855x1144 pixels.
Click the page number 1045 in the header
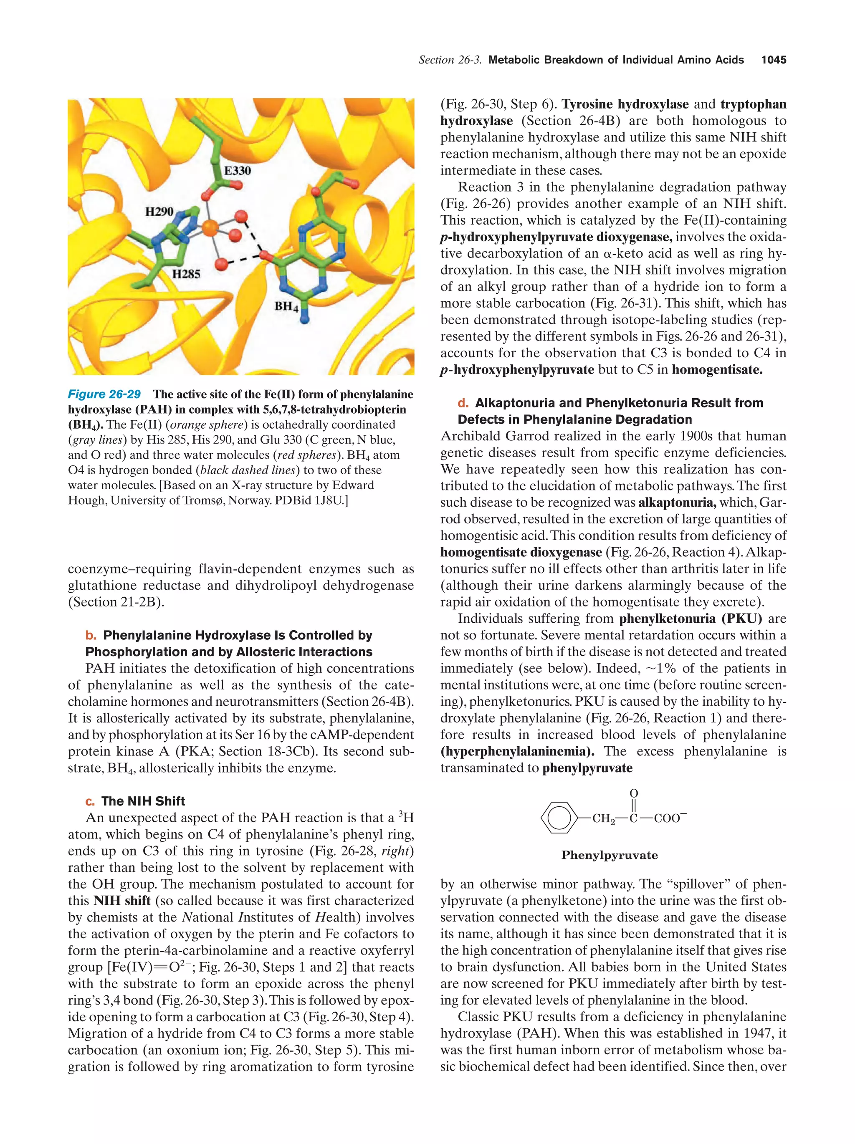(773, 60)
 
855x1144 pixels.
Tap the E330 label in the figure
(238, 171)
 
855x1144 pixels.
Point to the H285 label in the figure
(186, 274)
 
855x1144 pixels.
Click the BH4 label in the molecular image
(286, 306)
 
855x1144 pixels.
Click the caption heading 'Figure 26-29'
(104, 394)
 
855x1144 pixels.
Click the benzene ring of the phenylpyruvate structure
(559, 818)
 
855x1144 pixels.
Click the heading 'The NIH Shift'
(143, 801)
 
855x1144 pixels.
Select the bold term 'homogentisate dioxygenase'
(521, 552)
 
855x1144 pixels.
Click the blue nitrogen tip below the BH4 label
(305, 320)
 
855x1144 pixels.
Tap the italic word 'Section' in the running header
(435, 60)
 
